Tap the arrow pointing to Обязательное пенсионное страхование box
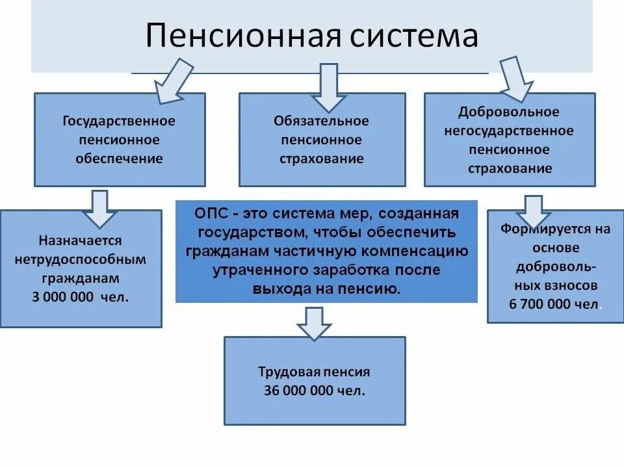328,88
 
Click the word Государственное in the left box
119,122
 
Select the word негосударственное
509,131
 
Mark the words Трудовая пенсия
314,372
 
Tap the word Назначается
80,241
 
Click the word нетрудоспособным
80,260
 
